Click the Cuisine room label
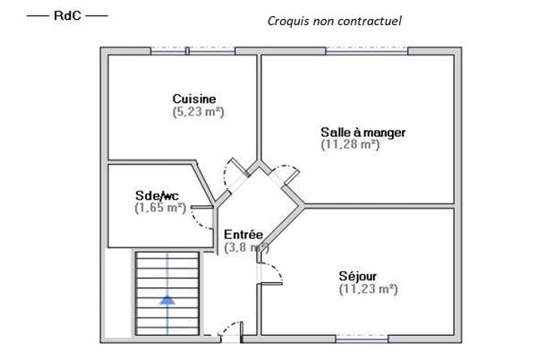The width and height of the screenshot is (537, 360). point(194,99)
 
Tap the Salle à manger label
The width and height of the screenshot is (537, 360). point(362,133)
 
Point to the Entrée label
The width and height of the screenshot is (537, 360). point(243,235)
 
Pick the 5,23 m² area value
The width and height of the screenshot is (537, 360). point(198,112)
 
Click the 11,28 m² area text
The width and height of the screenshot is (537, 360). point(350,145)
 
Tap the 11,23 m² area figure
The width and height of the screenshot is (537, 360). point(368,288)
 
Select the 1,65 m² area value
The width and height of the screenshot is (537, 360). point(159,208)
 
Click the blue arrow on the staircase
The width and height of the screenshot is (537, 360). point(166,300)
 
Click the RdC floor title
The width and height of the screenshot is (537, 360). point(67,16)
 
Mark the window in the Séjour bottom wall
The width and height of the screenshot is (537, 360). point(362,339)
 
